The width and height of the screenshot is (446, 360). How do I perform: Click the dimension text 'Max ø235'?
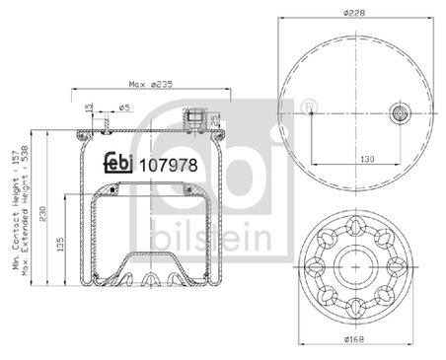[150, 84]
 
